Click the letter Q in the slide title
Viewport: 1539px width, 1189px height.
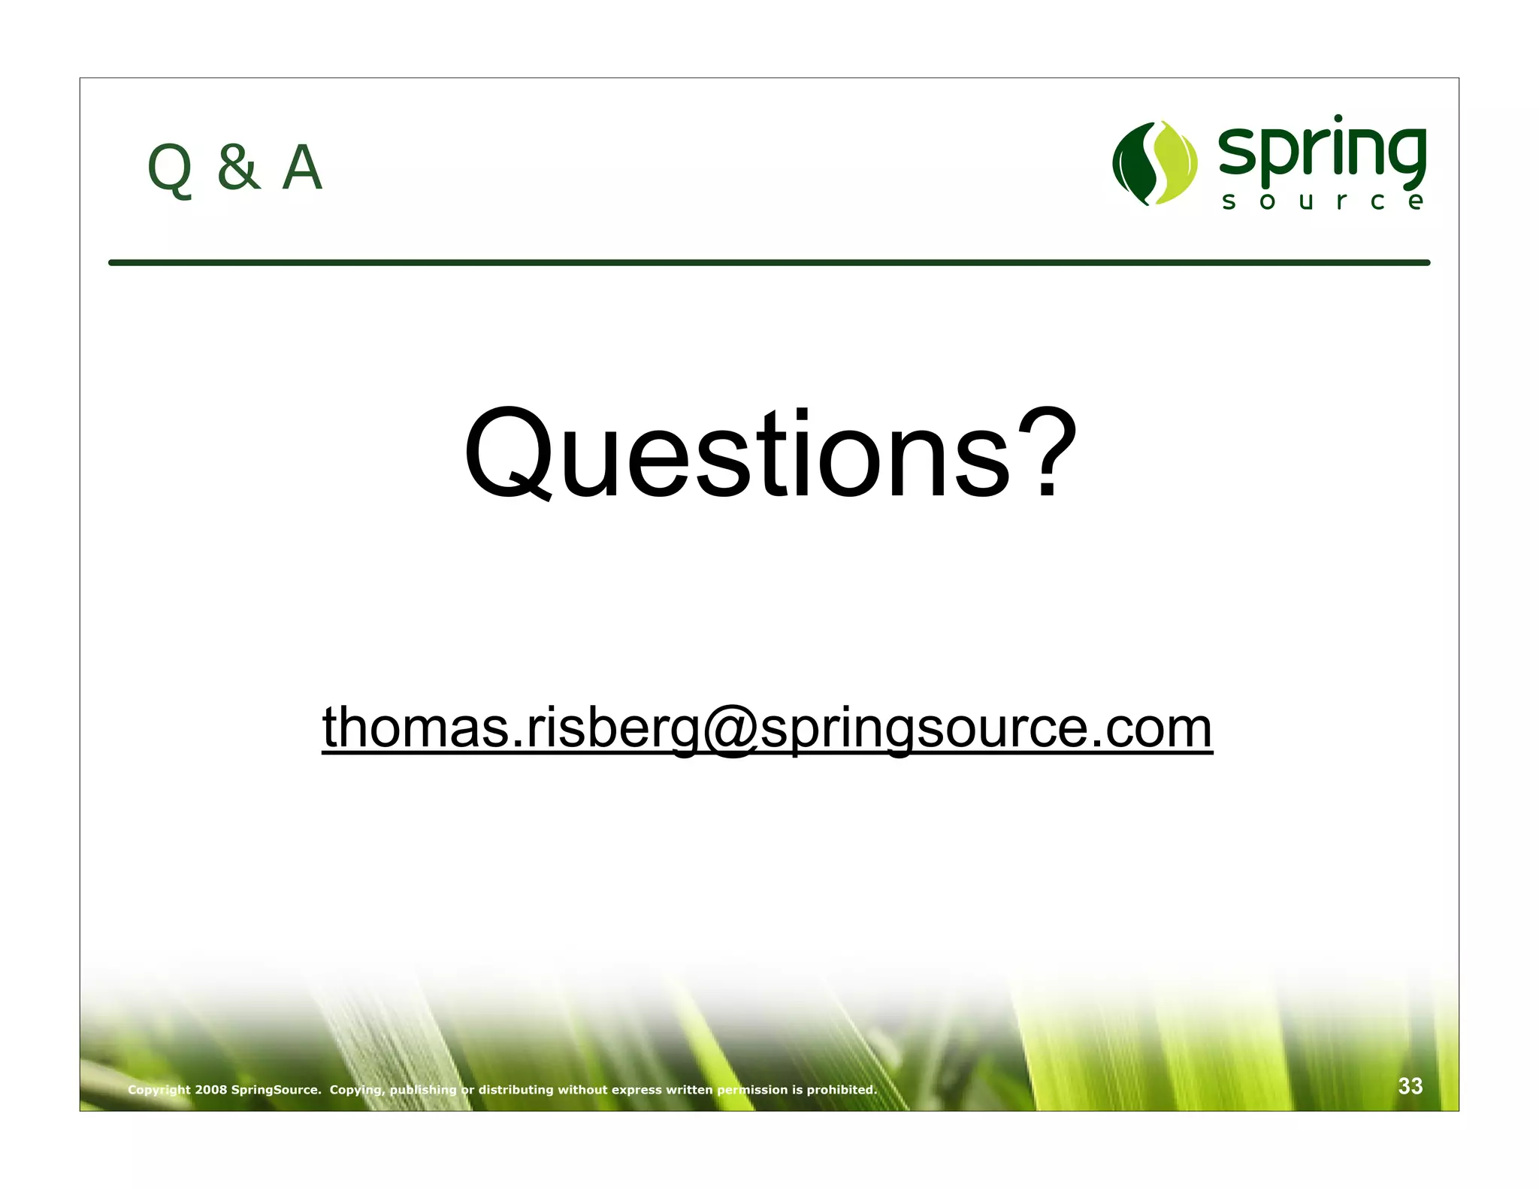tap(170, 169)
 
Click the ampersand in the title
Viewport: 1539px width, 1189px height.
tap(238, 167)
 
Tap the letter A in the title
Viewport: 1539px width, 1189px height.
tap(302, 168)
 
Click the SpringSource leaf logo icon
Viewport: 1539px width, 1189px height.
tap(1155, 162)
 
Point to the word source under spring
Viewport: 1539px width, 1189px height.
tap(1322, 201)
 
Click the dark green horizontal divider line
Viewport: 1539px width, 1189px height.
tap(769, 262)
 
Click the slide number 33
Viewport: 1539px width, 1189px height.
tap(1410, 1086)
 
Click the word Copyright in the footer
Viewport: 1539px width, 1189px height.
tap(159, 1090)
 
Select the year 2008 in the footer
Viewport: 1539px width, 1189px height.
tap(211, 1090)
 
